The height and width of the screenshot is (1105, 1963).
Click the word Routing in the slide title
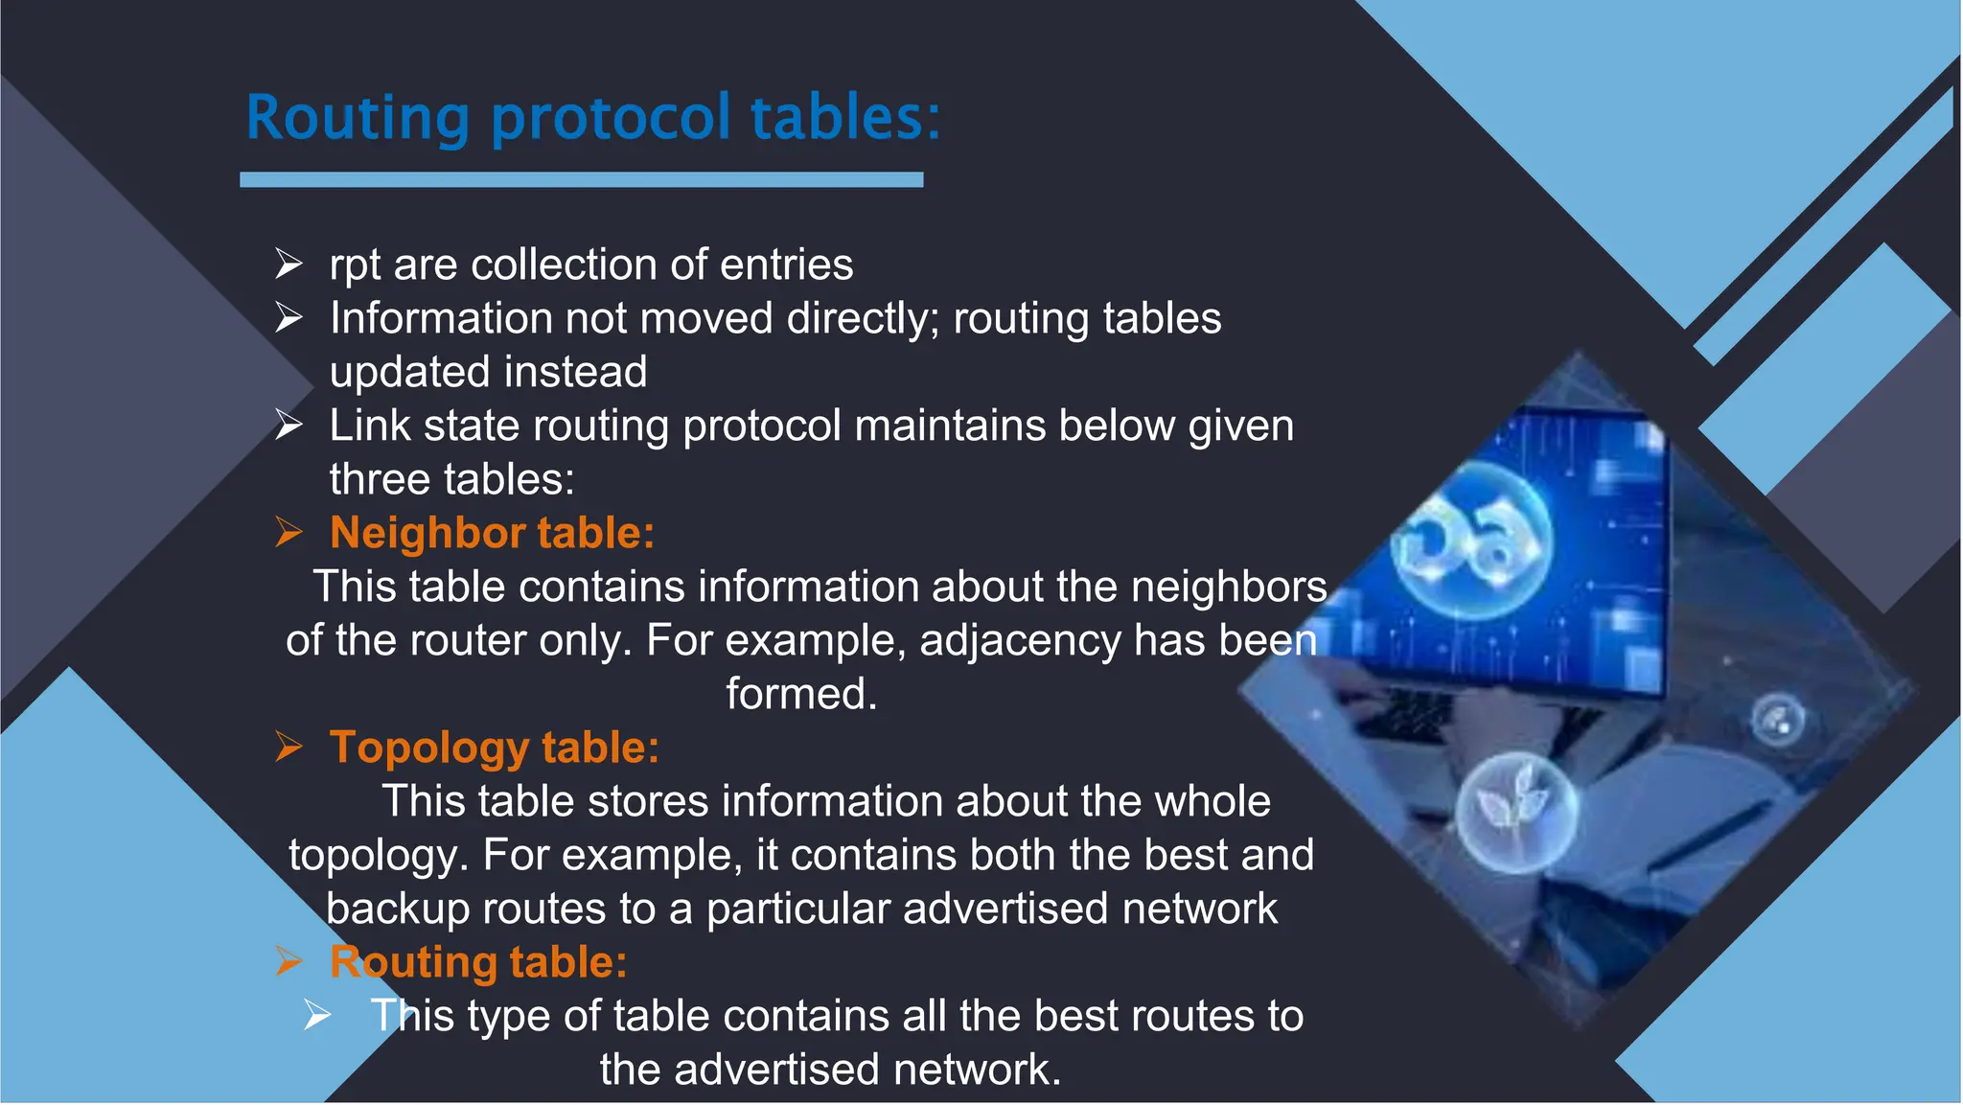(x=357, y=119)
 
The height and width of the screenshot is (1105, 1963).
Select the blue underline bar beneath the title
(x=581, y=179)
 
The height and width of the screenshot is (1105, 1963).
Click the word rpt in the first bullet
(x=355, y=265)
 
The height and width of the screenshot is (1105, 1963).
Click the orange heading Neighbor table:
(x=492, y=533)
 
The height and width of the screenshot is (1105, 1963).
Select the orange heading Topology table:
(x=495, y=748)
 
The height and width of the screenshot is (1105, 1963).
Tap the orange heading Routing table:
(x=478, y=962)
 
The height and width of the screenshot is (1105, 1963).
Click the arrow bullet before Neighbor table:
(x=289, y=532)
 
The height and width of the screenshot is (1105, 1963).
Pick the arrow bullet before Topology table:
(x=289, y=747)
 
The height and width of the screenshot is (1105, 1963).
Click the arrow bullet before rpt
(x=289, y=264)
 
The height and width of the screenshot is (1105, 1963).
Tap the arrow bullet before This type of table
(x=317, y=1015)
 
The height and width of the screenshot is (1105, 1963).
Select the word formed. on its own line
(x=801, y=694)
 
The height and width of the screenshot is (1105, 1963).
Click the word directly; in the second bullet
(x=863, y=318)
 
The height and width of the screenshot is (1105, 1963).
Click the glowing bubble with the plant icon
(x=1514, y=811)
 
